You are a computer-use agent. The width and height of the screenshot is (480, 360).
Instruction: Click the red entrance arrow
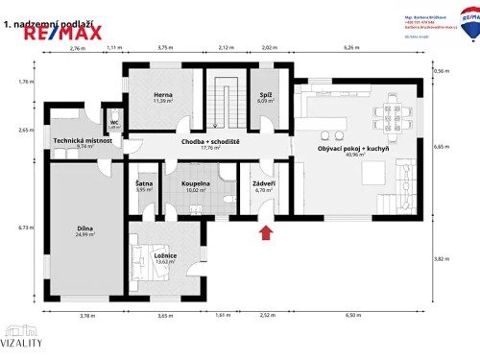click(266, 230)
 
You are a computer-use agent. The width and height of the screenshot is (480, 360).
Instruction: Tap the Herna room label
click(162, 94)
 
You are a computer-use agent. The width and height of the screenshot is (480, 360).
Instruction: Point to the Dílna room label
click(85, 228)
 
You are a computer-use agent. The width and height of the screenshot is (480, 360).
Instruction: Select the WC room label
click(113, 122)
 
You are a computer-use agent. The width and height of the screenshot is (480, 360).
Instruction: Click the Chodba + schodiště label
click(208, 142)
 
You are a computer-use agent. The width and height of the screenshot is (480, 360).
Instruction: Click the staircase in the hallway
click(226, 102)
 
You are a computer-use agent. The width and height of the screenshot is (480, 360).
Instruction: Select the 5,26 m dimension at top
click(351, 46)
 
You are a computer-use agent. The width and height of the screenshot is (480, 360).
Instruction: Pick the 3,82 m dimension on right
click(441, 258)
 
